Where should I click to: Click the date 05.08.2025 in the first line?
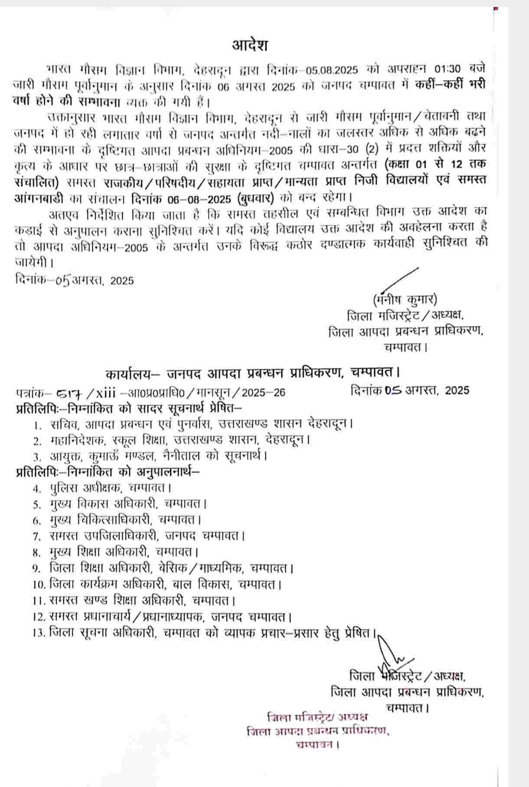click(x=332, y=70)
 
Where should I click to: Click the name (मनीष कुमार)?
click(x=405, y=299)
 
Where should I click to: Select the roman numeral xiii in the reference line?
click(x=105, y=393)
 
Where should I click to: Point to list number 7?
click(x=37, y=536)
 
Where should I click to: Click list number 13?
click(x=39, y=633)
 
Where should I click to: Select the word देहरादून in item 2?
click(x=288, y=440)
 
